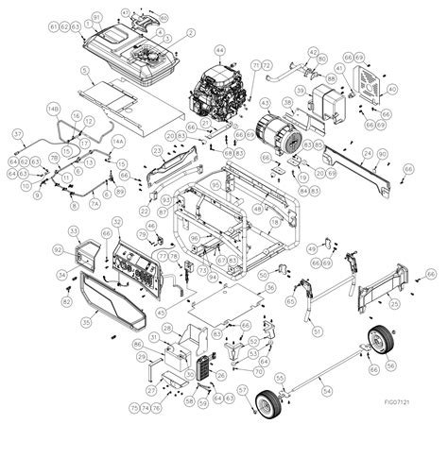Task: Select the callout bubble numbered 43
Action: (x=264, y=102)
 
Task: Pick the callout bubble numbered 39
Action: (x=300, y=92)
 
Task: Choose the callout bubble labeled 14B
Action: (x=53, y=110)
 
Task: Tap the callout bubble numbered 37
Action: (x=17, y=134)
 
